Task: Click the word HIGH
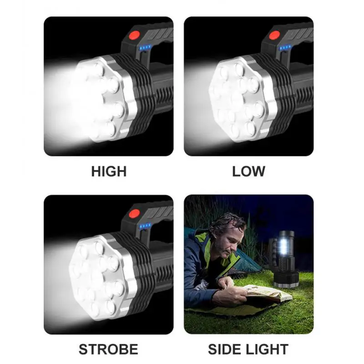coord(109,172)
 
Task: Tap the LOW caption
coord(248,172)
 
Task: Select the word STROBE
coord(108,349)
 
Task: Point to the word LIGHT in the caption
coord(268,349)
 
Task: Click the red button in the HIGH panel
coord(135,34)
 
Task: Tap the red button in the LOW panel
coord(275,34)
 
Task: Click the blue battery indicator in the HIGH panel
coord(146,47)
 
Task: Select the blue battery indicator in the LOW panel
coord(286,47)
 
